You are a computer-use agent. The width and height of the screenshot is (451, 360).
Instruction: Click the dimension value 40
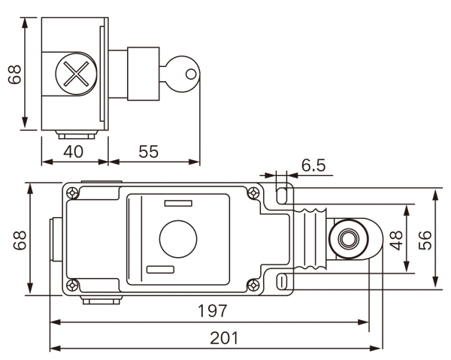pyautogui.click(x=73, y=151)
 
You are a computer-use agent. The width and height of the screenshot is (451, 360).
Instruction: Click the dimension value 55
pyautogui.click(x=149, y=151)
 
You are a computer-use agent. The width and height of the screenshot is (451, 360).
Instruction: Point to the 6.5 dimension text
pyautogui.click(x=313, y=165)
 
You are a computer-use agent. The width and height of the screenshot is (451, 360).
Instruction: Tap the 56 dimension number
pyautogui.click(x=426, y=239)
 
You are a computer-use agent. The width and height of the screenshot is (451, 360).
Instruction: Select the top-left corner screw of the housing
pyautogui.click(x=72, y=193)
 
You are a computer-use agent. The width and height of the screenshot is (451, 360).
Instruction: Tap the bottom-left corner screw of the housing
pyautogui.click(x=72, y=285)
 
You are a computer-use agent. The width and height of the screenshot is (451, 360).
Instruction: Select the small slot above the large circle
pyautogui.click(x=177, y=204)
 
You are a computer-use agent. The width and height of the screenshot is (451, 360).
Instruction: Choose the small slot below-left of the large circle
pyautogui.click(x=160, y=269)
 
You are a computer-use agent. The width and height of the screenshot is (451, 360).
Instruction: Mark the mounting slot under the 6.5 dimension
pyautogui.click(x=282, y=195)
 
